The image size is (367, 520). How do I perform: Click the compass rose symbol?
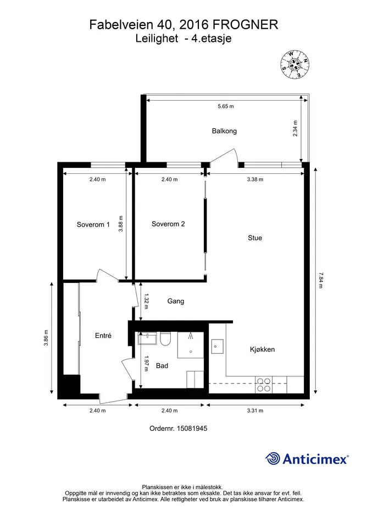[x=295, y=65]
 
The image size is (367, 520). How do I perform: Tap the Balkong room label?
[x=224, y=131]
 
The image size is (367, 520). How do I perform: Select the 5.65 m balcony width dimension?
[x=226, y=106]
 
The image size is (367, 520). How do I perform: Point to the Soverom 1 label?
[x=93, y=225]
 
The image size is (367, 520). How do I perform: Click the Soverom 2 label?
[x=168, y=224]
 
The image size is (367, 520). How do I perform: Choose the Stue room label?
[x=255, y=238]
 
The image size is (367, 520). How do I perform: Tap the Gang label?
[x=176, y=301]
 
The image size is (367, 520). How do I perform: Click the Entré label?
[x=103, y=336]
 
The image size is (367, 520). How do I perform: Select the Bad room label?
[x=162, y=365]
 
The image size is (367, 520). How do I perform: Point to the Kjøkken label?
[x=262, y=349]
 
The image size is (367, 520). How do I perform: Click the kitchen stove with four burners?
[x=264, y=385]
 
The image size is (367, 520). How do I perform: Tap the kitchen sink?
[x=217, y=347]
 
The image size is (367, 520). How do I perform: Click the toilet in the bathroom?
[x=165, y=339]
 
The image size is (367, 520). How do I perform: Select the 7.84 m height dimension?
[x=320, y=280]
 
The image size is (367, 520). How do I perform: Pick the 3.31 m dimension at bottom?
[x=255, y=410]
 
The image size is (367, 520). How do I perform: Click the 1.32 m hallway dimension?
[x=146, y=302]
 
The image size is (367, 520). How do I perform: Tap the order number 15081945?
[x=178, y=429]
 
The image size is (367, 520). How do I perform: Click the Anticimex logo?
[x=307, y=459]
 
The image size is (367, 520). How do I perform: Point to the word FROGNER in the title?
[x=245, y=25]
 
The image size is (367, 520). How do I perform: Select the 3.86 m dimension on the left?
[x=46, y=338]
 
